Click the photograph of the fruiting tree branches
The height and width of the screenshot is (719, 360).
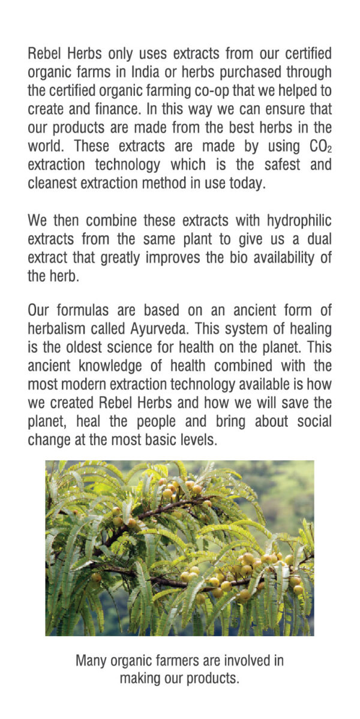pos(179,547)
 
